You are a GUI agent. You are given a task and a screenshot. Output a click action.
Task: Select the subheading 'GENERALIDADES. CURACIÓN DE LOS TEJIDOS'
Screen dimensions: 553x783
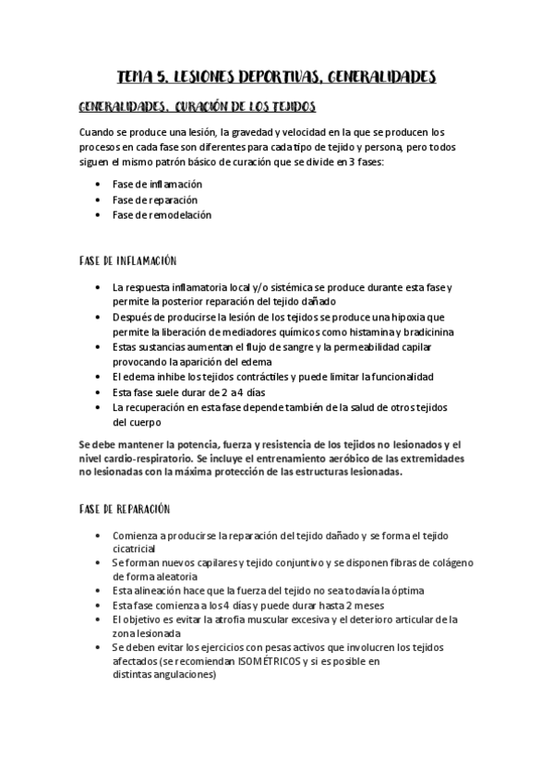tap(198, 106)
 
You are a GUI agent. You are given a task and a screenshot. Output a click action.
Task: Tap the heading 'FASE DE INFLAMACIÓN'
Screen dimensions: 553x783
tap(128, 261)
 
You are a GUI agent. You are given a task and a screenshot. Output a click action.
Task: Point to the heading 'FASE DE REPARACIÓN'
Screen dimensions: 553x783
tap(125, 509)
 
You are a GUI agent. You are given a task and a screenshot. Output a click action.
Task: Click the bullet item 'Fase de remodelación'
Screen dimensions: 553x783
tap(162, 214)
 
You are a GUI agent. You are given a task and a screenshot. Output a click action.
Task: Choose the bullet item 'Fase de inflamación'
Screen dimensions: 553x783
tap(157, 184)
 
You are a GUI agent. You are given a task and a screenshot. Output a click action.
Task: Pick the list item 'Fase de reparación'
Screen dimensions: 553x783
tap(155, 199)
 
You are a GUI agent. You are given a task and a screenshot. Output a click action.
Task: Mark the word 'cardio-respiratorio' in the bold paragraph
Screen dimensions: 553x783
tap(155, 458)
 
